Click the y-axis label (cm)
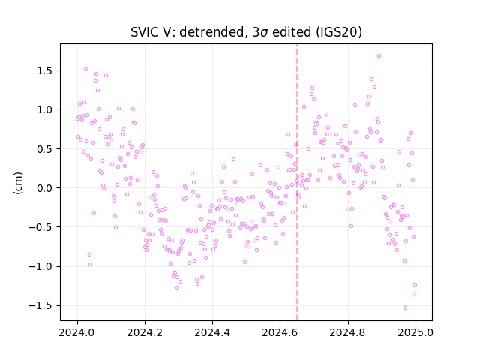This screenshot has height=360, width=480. point(18,183)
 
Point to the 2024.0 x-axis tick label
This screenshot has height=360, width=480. point(77,332)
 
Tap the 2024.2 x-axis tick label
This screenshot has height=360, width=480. point(145,332)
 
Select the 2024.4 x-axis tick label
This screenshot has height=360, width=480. point(212,332)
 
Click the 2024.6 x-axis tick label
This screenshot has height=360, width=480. point(280,332)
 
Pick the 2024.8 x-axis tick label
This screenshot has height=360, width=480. point(348,332)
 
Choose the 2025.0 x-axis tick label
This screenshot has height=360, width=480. point(415,332)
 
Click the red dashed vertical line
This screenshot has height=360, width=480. point(297,182)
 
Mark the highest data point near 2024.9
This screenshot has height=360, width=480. point(379,56)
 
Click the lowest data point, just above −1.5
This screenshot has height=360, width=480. point(405,308)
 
